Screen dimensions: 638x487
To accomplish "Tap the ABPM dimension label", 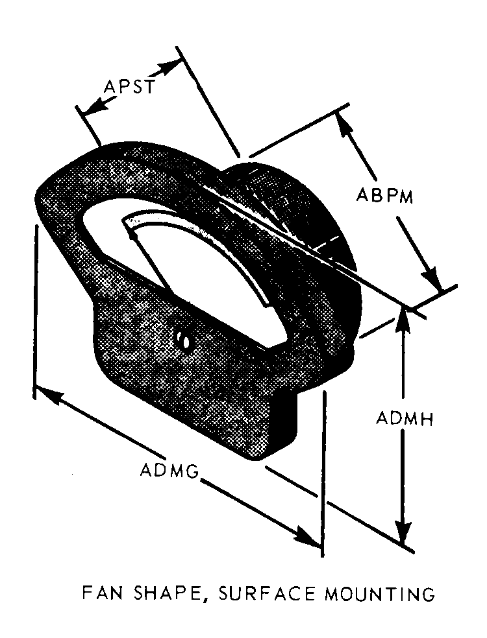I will (385, 195).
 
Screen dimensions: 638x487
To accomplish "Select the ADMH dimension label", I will (405, 418).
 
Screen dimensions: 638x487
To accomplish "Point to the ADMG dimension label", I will (169, 469).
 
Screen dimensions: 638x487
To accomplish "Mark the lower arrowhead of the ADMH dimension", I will (404, 535).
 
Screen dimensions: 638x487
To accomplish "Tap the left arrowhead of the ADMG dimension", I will (45, 393).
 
